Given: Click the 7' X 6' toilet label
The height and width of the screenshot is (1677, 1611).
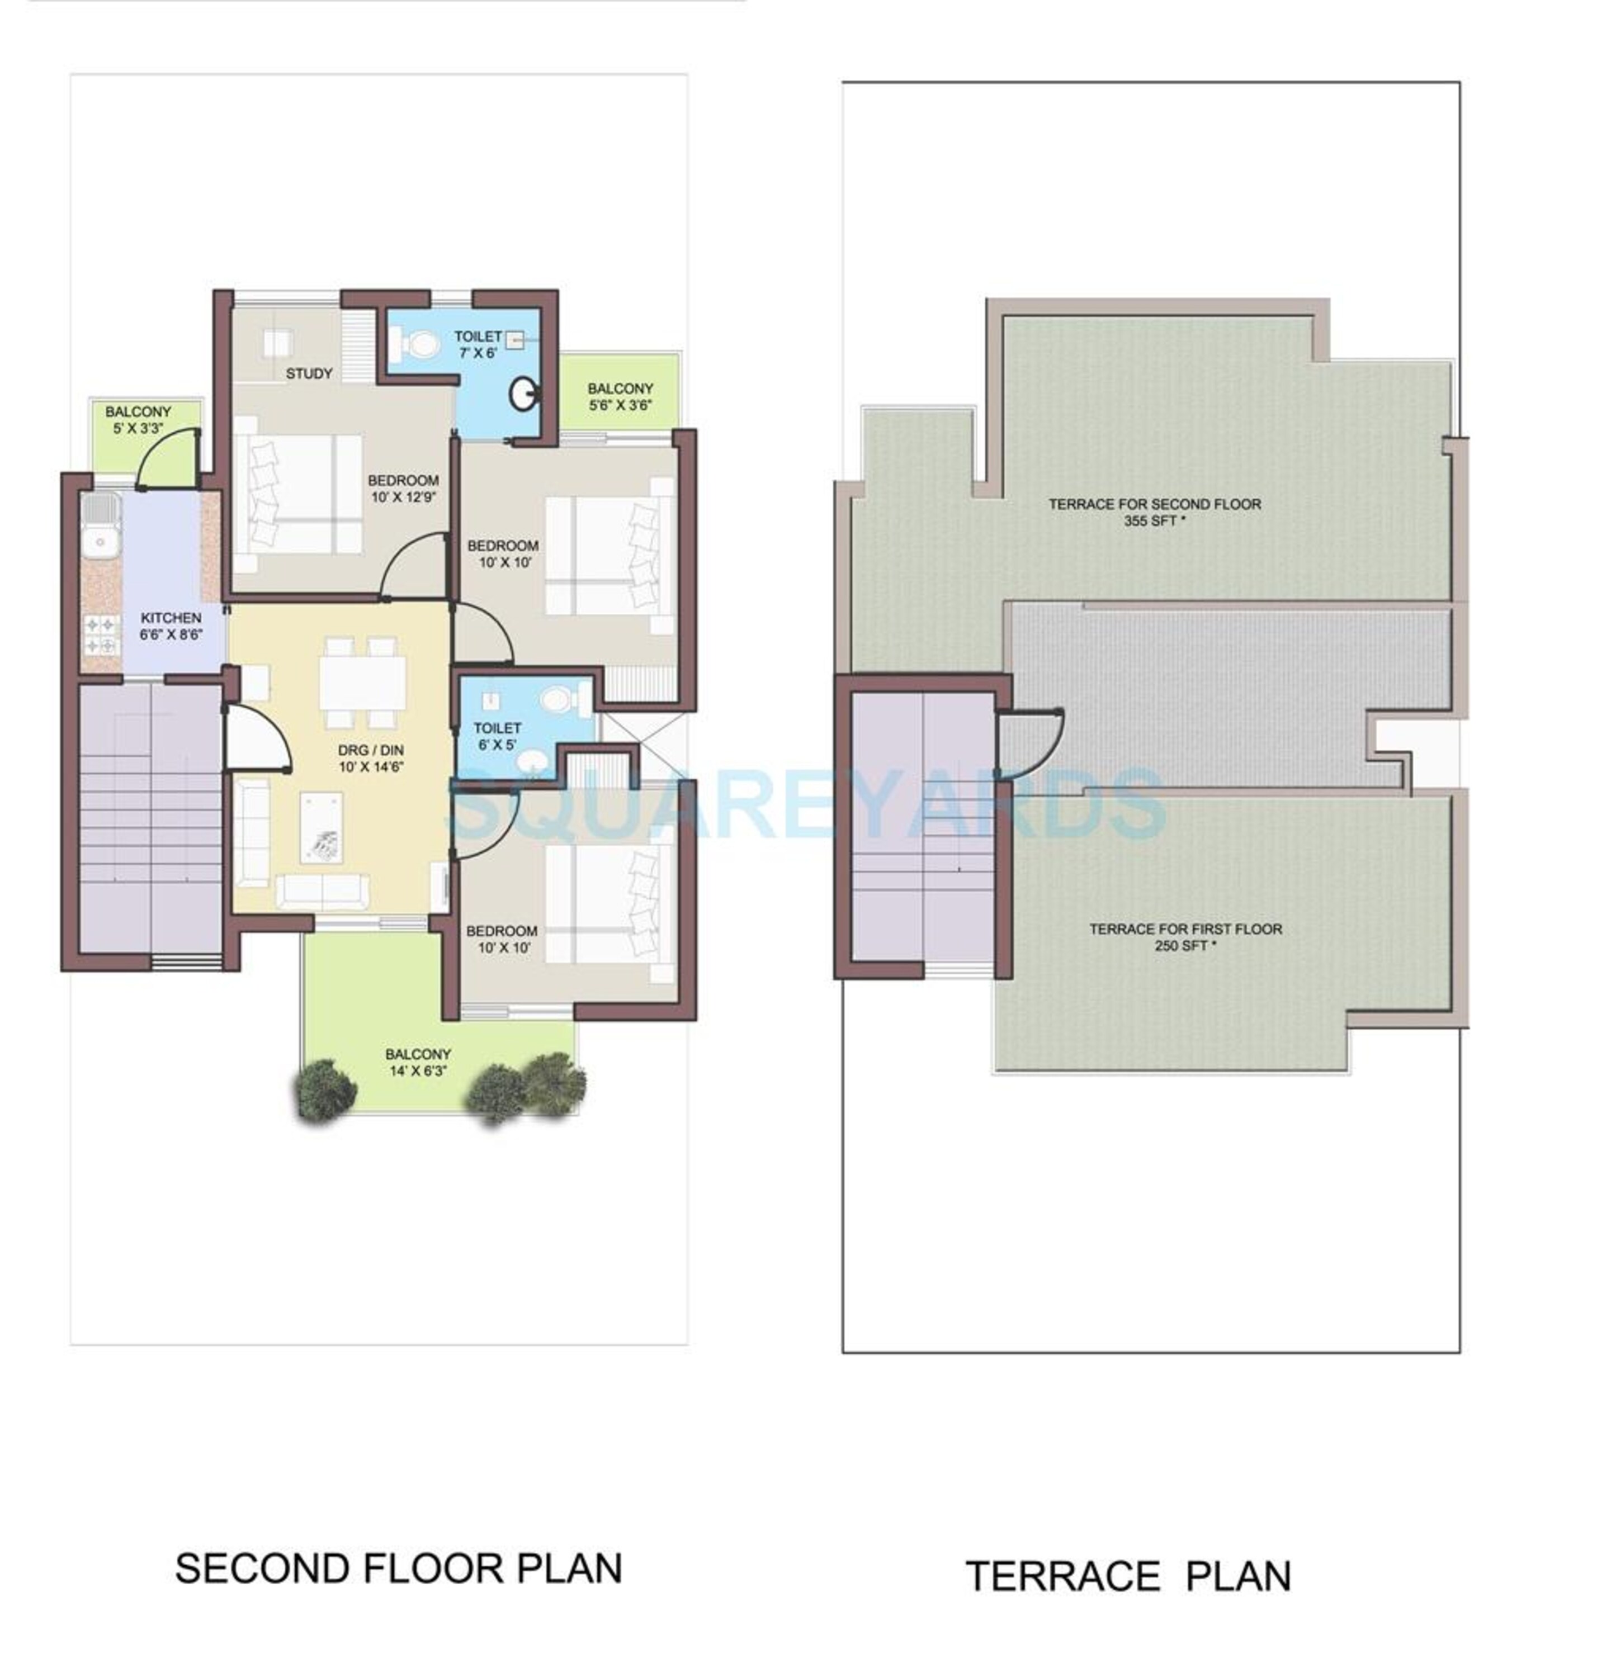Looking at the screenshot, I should click(477, 344).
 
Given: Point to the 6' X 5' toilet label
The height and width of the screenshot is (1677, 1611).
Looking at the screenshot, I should click(497, 736).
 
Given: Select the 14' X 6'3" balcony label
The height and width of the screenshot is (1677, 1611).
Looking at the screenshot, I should click(417, 1062).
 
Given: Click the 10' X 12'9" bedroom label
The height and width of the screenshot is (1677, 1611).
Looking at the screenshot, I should click(403, 489).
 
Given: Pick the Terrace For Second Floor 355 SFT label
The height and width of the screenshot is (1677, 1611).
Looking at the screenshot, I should click(1154, 511).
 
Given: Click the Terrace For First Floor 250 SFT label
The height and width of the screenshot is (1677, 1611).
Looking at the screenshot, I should click(1185, 936).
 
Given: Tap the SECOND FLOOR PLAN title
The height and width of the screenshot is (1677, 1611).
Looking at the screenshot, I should click(398, 1569).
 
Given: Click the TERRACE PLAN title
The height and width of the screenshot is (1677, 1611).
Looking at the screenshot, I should click(1127, 1576).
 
